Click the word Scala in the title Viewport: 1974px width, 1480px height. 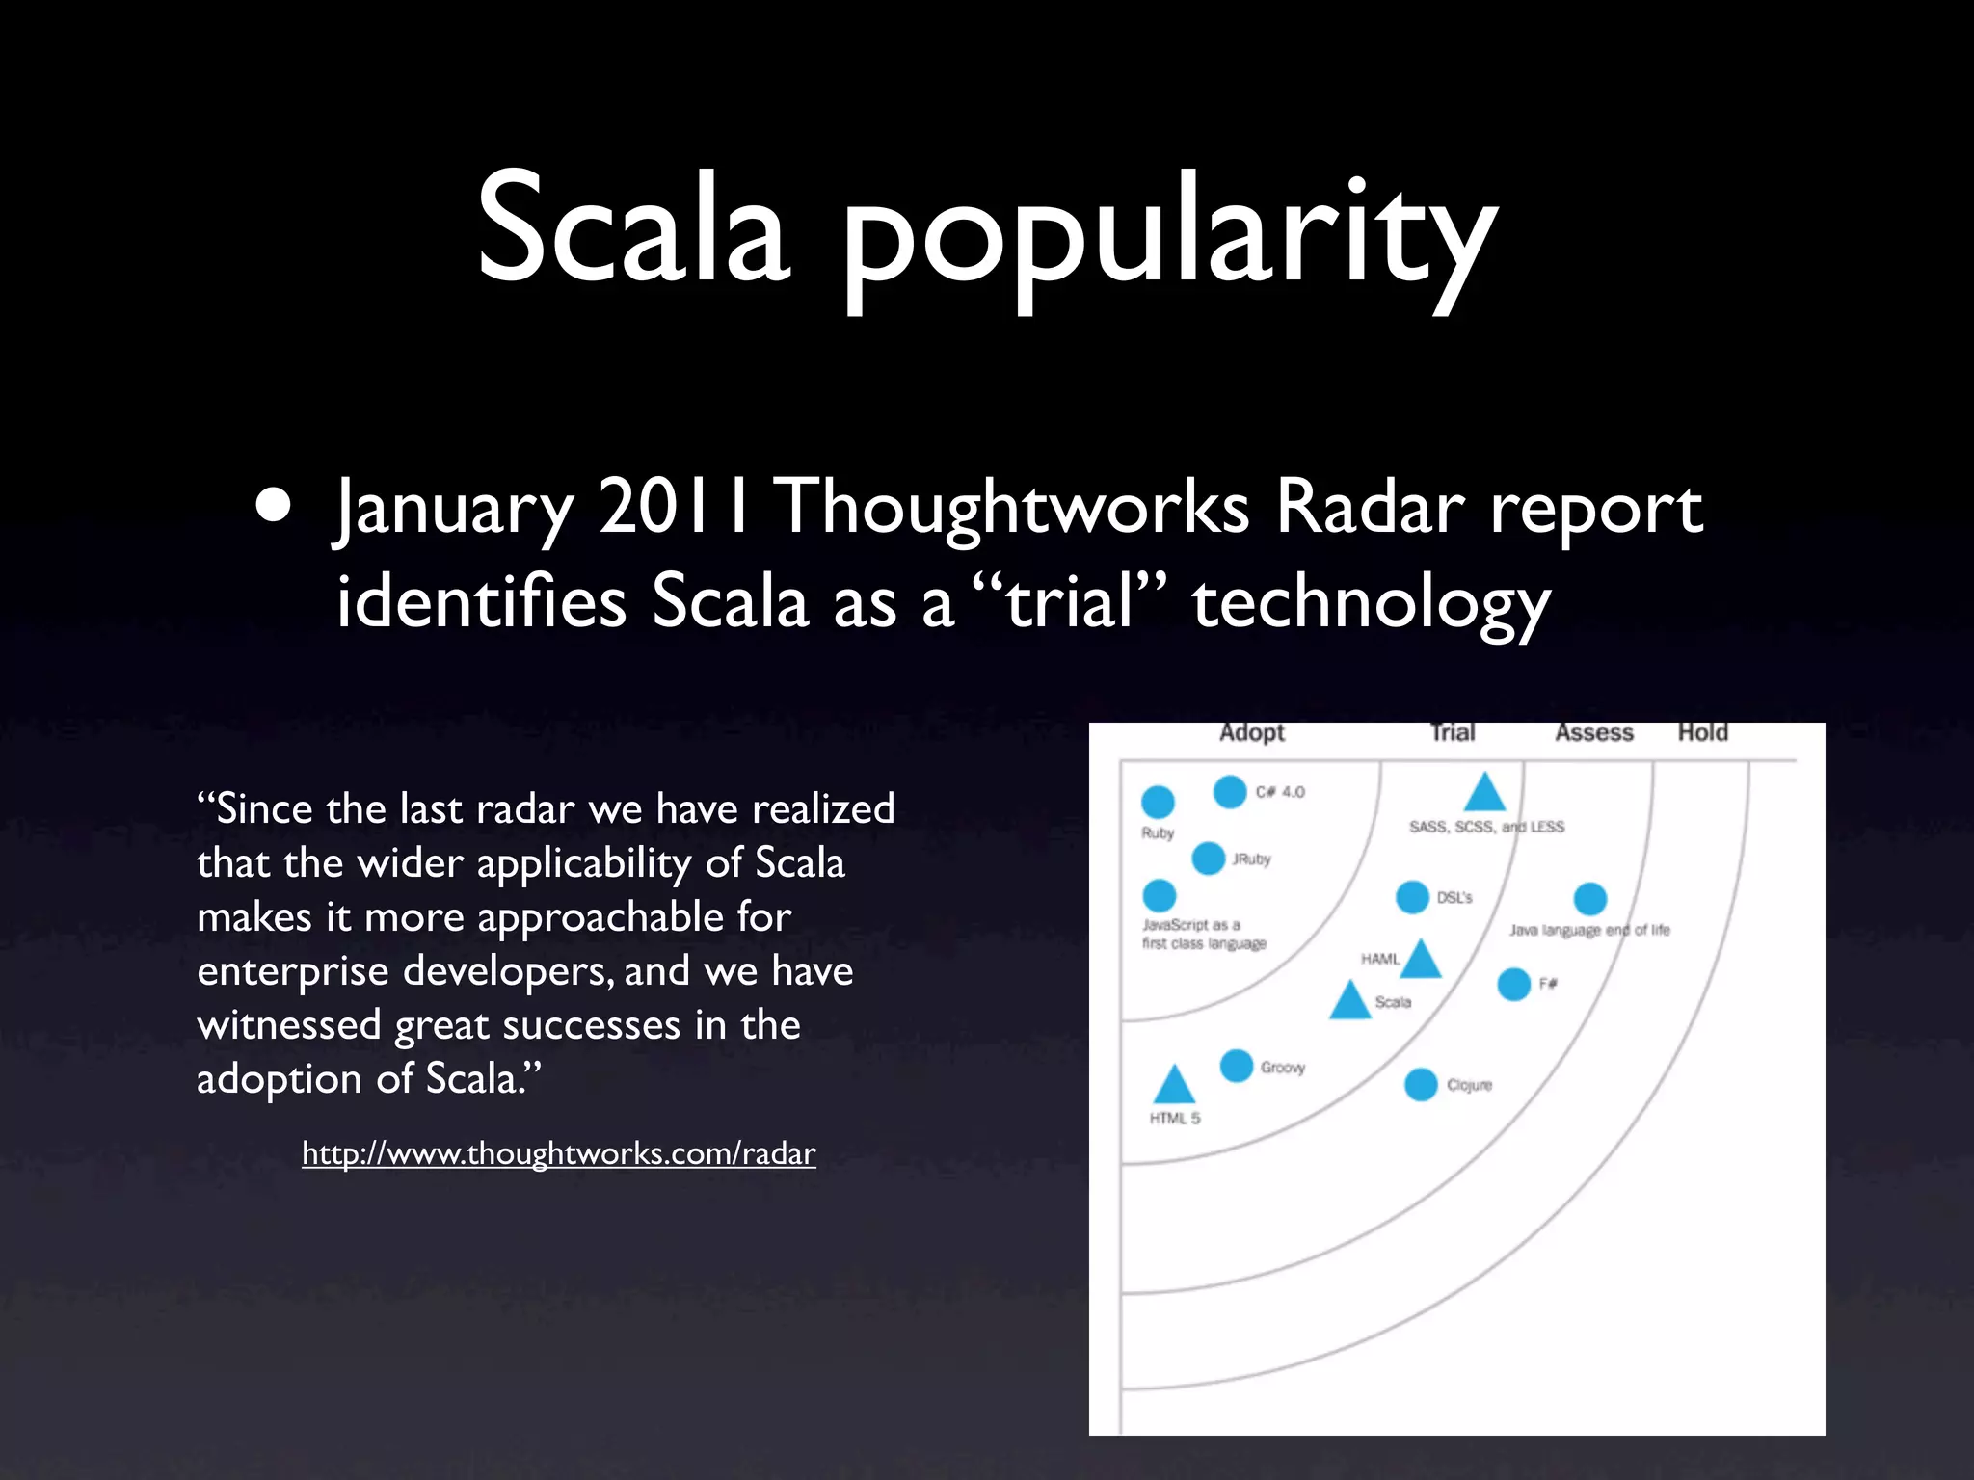(x=633, y=229)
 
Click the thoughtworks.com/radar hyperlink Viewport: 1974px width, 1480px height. (x=558, y=1152)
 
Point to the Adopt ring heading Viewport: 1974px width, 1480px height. (x=1251, y=733)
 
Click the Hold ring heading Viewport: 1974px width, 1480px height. (x=1702, y=733)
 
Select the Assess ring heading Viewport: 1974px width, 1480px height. (x=1593, y=733)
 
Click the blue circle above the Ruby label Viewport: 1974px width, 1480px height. (x=1158, y=801)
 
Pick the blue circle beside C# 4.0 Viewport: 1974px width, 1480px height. (x=1230, y=792)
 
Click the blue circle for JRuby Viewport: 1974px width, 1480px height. (x=1208, y=858)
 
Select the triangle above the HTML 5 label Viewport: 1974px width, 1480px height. (x=1174, y=1087)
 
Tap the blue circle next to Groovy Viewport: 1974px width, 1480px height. (x=1237, y=1066)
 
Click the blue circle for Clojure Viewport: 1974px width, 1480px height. (x=1421, y=1084)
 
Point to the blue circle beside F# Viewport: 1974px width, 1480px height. (x=1514, y=984)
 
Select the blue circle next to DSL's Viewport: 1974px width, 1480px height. (x=1412, y=897)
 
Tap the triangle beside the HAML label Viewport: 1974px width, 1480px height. (x=1421, y=961)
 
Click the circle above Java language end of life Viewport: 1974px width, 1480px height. (x=1589, y=899)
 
